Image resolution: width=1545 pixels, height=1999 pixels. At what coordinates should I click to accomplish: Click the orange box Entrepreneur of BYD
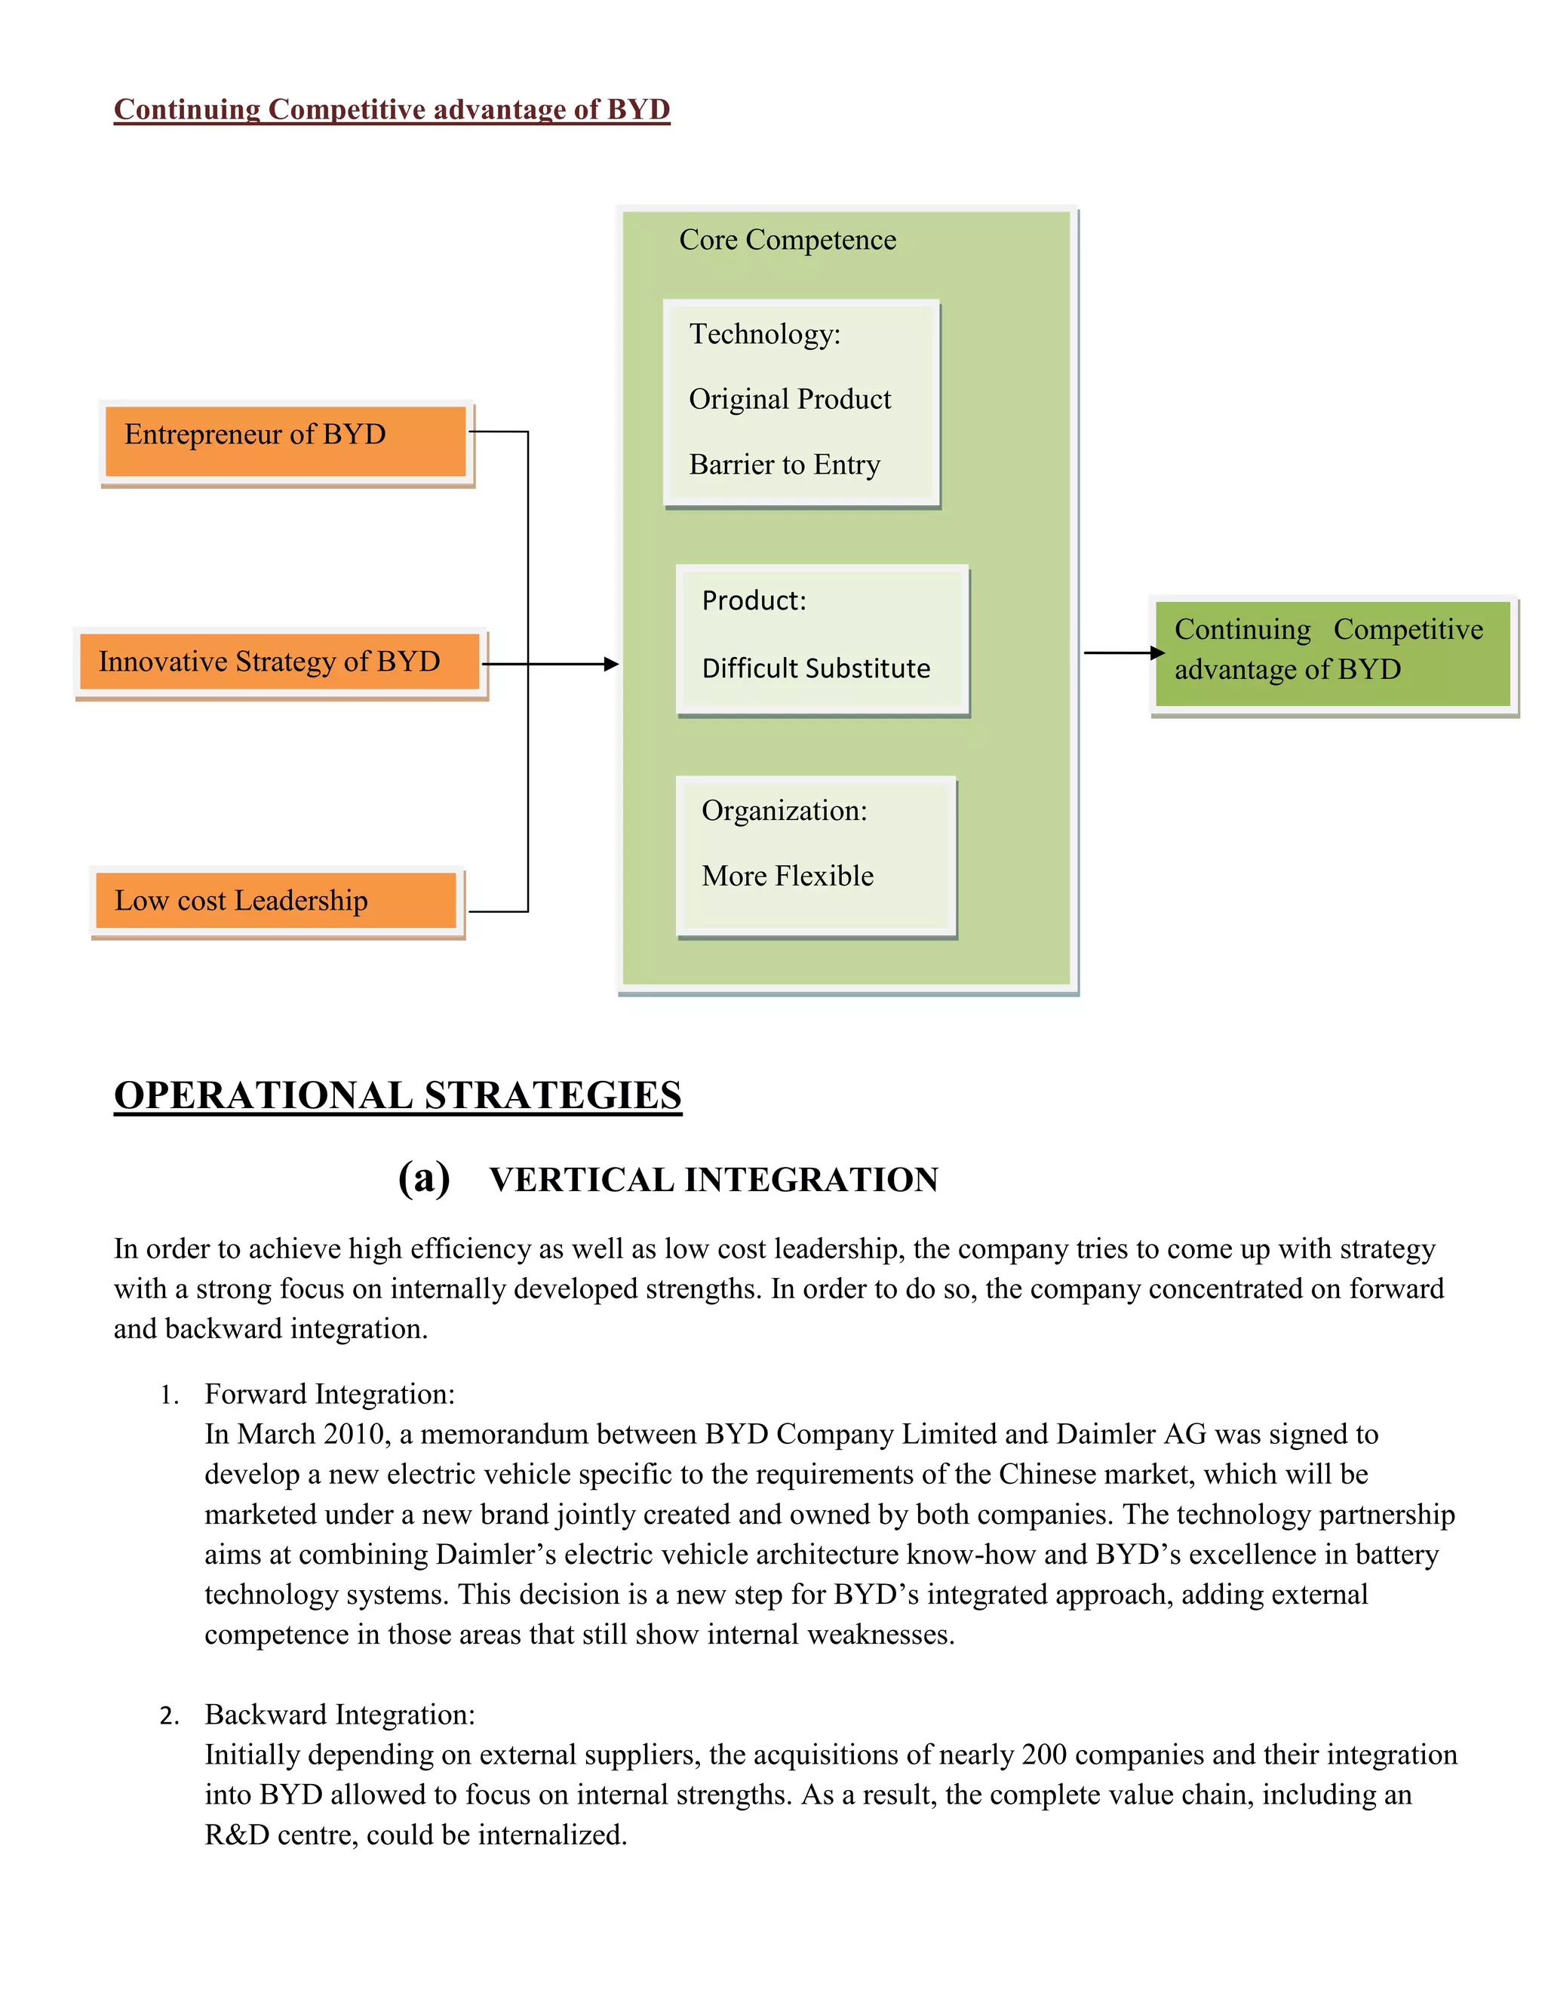pos(286,442)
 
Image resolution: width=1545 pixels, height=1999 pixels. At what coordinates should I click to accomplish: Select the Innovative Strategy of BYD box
pos(279,662)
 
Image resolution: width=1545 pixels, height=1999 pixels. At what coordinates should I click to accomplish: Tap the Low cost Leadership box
pos(275,901)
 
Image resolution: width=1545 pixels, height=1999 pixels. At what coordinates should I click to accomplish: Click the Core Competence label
pos(787,240)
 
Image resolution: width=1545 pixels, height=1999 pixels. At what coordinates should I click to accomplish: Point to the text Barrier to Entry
pos(785,465)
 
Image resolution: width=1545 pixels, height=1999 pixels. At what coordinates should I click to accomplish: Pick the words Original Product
pos(789,399)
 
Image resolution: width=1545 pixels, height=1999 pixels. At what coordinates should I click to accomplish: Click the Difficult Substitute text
pos(816,668)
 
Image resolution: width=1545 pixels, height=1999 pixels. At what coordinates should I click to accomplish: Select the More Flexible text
pos(787,876)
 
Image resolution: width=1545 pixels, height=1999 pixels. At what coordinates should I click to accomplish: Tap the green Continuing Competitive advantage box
pos(1332,653)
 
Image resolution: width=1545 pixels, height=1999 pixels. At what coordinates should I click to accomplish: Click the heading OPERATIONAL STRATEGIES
pos(398,1095)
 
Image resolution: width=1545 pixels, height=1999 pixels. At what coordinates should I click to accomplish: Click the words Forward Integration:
pos(330,1394)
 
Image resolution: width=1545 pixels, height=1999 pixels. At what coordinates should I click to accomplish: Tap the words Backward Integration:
pos(339,1715)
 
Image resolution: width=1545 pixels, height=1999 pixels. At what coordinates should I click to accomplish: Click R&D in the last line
pos(236,1835)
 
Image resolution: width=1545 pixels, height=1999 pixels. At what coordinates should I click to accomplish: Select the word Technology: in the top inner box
pos(764,334)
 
